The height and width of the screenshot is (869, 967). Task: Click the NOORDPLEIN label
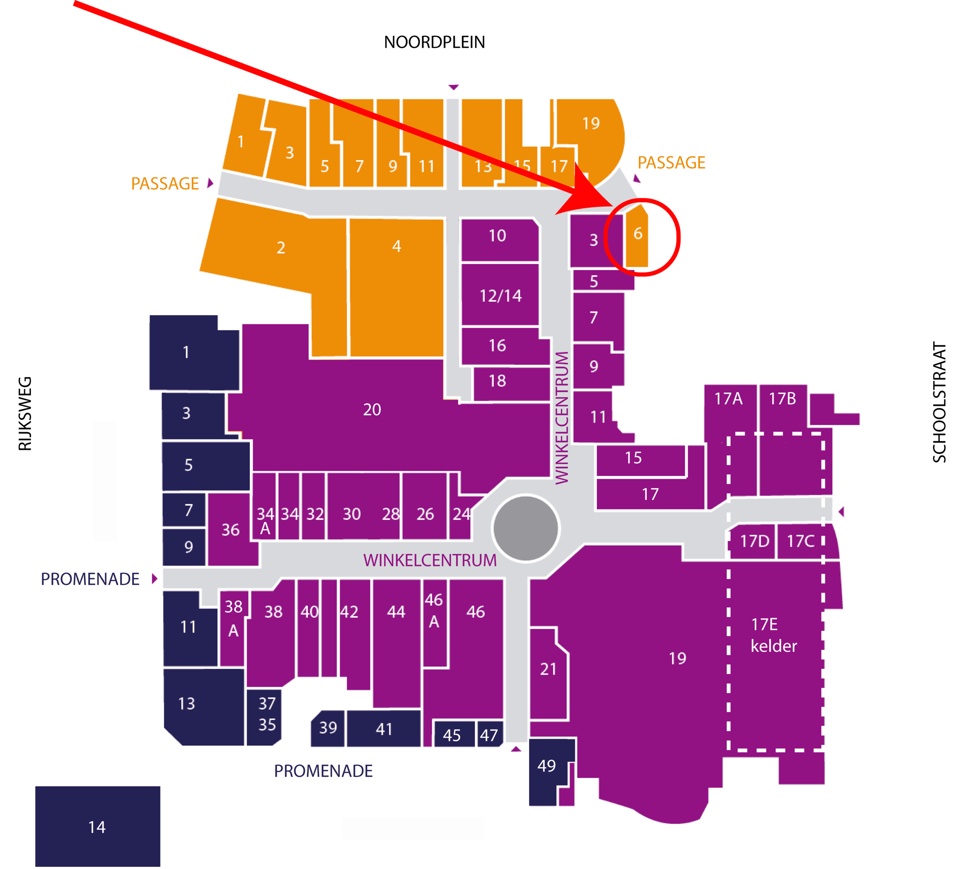click(434, 43)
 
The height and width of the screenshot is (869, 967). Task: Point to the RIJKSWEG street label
click(25, 414)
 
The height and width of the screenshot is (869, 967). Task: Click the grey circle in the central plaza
click(526, 528)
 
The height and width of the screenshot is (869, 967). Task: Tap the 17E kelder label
click(774, 635)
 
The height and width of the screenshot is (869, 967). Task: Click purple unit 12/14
click(500, 295)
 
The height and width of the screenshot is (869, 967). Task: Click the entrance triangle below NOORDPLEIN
click(453, 87)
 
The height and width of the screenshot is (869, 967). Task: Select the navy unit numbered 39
click(327, 728)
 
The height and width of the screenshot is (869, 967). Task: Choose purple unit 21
click(548, 673)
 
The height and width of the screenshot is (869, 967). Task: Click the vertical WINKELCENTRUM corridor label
click(562, 418)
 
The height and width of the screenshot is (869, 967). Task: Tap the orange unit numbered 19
click(590, 139)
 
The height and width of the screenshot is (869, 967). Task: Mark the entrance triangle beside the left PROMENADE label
click(154, 579)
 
